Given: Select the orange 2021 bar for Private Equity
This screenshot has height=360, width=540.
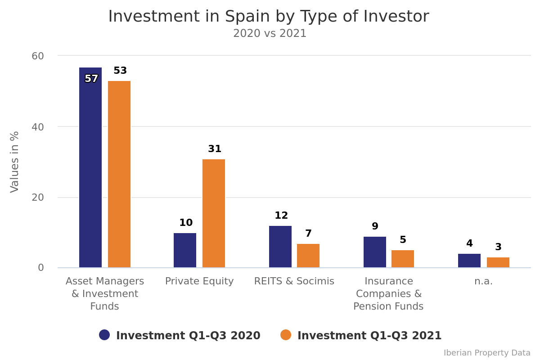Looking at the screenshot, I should (214, 213).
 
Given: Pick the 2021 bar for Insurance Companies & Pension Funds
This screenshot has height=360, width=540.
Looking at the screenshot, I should (403, 259).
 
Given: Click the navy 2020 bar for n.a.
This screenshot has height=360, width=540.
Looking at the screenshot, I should (469, 261).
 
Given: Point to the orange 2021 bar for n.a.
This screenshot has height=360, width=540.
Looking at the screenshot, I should (498, 262).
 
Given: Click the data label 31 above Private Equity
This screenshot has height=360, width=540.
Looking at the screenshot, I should (215, 149).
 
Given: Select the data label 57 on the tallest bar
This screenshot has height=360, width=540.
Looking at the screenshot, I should (91, 79).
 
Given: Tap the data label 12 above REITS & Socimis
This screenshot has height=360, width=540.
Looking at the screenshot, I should (281, 216).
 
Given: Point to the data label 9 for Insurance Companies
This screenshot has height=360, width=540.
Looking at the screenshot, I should (375, 226).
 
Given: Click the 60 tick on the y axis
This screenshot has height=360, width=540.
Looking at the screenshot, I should (38, 56).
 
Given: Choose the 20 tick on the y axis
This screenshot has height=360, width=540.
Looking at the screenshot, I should (38, 198).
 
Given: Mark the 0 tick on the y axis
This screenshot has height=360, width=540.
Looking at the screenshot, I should (41, 268).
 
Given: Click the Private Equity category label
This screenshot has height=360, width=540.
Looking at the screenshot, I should (199, 281).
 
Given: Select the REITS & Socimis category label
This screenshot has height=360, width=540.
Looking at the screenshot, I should (294, 281).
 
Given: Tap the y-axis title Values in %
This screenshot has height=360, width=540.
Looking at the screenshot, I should (15, 162).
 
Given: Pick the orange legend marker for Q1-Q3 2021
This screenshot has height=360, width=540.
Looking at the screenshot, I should (286, 335).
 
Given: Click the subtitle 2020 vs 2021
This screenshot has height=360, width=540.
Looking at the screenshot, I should (270, 34).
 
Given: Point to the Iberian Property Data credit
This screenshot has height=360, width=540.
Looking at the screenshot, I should (487, 353).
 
